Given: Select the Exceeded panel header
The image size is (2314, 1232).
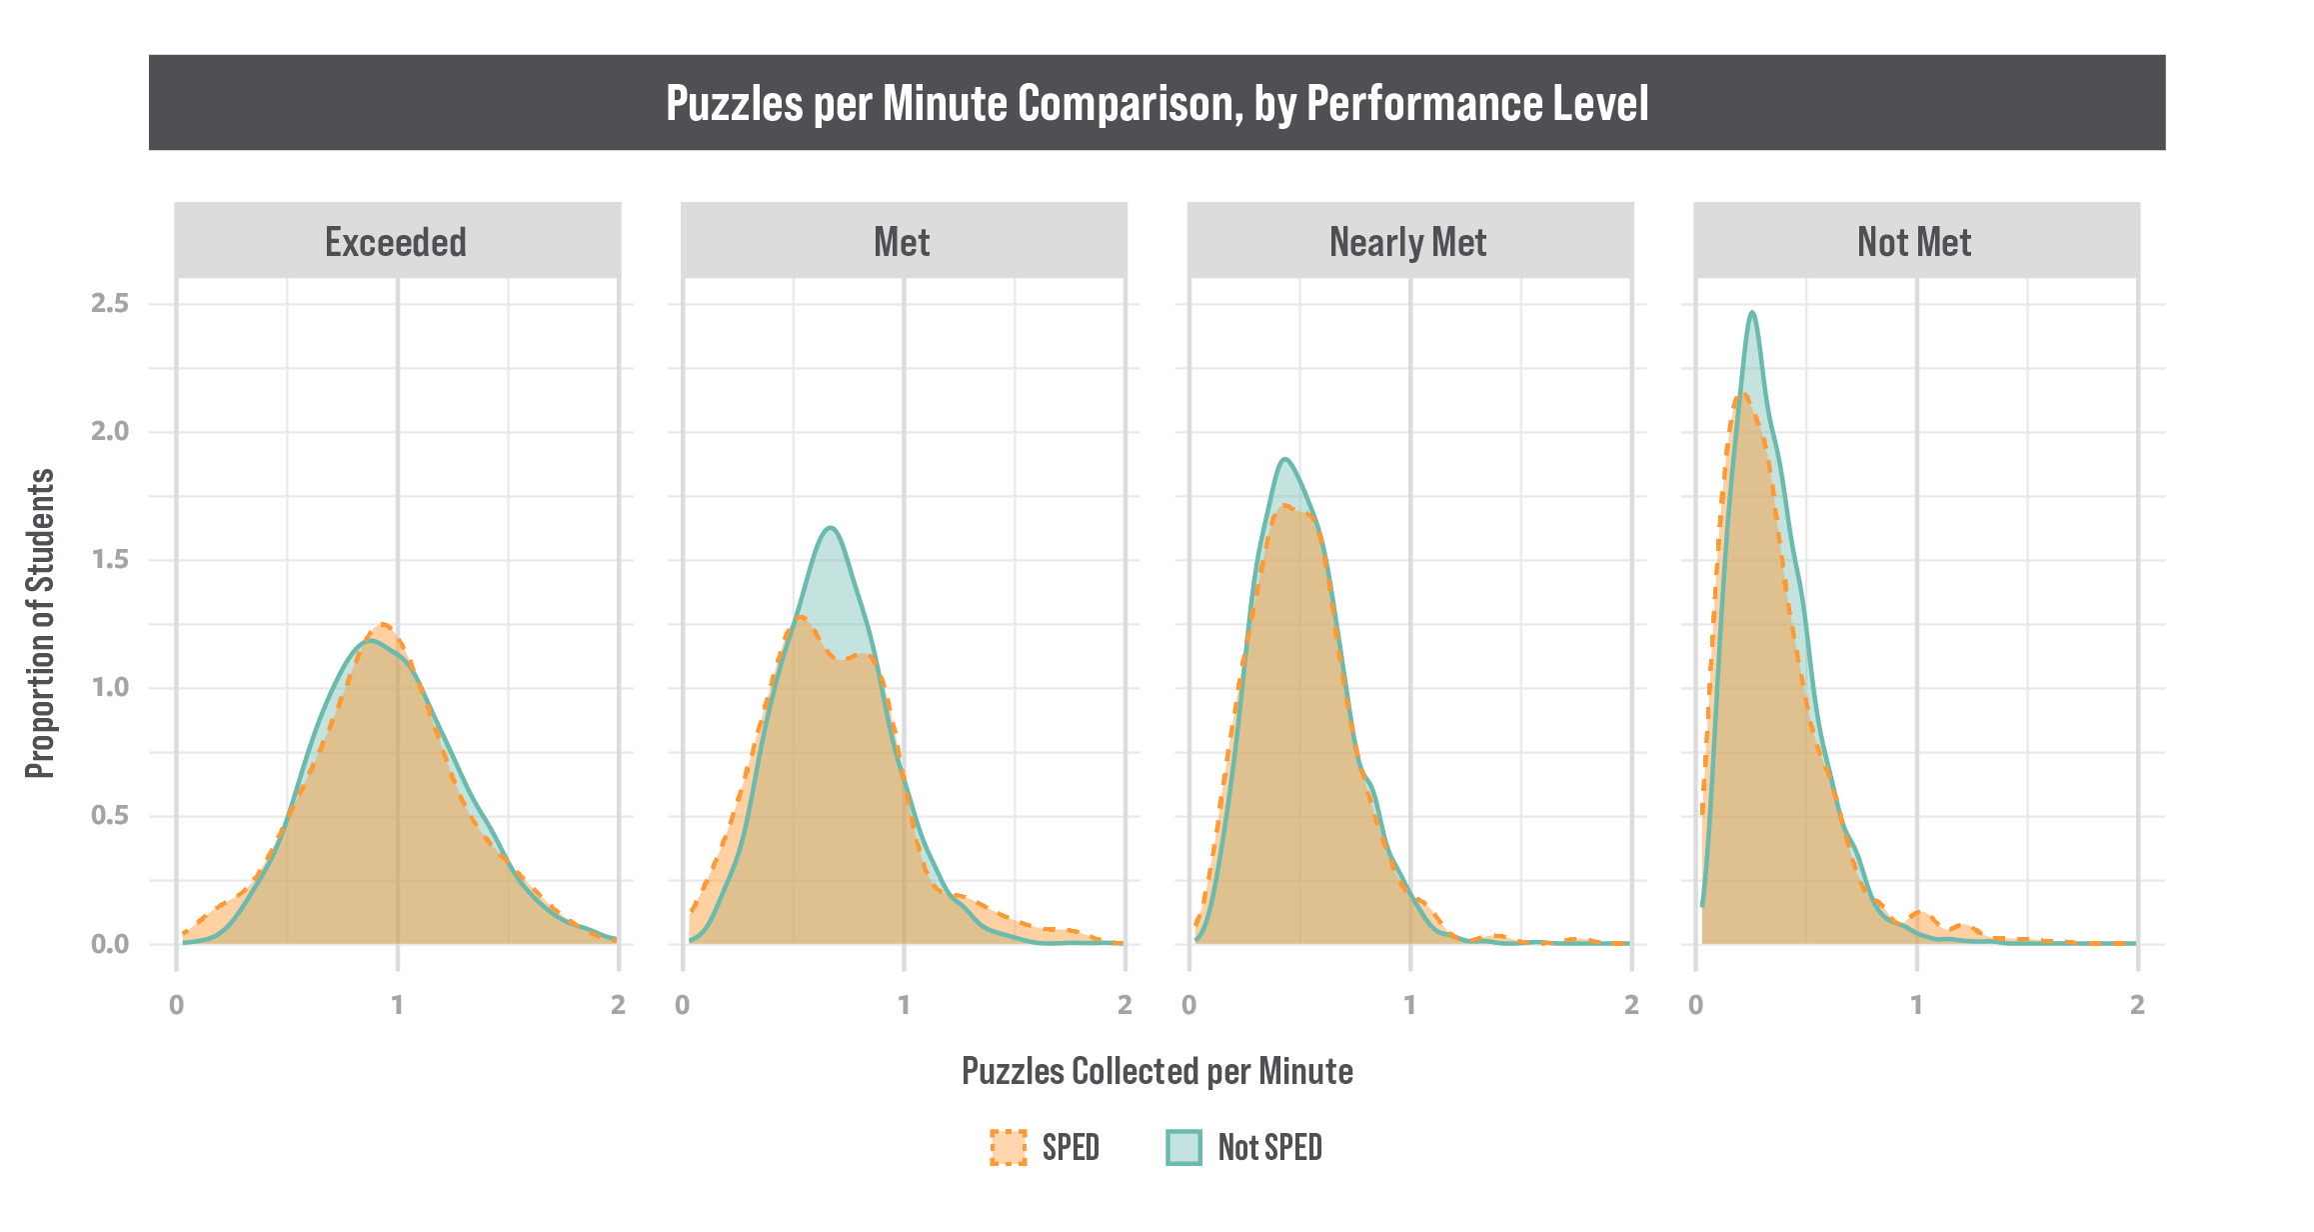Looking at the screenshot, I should tap(396, 242).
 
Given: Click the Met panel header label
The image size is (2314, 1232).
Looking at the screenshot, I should tap(902, 242).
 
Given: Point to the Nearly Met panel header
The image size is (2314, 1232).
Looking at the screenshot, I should tap(1407, 242).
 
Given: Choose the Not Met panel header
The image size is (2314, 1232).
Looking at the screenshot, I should tap(1914, 242).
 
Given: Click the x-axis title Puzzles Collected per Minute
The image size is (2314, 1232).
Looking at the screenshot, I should tap(1157, 1071).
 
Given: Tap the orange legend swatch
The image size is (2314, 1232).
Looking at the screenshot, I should tap(1008, 1148).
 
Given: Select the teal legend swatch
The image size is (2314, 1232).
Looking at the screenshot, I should tap(1183, 1148).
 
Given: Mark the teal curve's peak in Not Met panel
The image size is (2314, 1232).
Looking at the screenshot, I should tap(1752, 313).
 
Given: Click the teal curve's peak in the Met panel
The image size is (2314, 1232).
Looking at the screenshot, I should tap(831, 527).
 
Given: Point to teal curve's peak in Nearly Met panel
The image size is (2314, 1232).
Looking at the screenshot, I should tap(1285, 459).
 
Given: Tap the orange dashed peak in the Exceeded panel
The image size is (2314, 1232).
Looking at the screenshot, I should tap(384, 624).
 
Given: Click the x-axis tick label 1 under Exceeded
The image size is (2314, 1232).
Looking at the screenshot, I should tap(398, 1004).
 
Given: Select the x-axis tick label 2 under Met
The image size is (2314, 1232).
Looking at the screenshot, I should tap(1125, 1004).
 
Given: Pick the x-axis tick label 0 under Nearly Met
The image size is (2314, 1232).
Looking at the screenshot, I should tap(1188, 1004).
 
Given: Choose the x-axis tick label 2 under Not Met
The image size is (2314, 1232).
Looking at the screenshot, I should tap(2137, 1004).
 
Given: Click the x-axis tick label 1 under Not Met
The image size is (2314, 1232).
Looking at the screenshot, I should tap(1916, 1004).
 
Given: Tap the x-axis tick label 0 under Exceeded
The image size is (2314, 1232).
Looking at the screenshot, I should tap(177, 1004).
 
